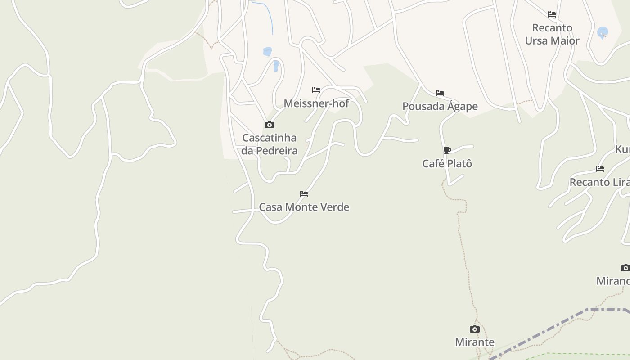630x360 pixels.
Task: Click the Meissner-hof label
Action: point(316,103)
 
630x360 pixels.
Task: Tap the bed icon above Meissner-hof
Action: point(316,90)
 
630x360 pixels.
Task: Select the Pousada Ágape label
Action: point(440,106)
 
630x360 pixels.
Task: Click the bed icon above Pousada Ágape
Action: point(440,93)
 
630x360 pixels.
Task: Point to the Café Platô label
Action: point(447,163)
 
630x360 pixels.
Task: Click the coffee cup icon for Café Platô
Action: point(447,150)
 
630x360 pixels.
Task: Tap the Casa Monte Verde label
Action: point(304,207)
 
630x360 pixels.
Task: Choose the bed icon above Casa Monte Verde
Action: point(304,194)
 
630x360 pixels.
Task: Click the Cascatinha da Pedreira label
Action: point(270,144)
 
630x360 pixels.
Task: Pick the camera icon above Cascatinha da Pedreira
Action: point(270,125)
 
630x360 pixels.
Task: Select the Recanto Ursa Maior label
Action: point(552,34)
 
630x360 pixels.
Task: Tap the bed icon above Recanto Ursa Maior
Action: point(552,15)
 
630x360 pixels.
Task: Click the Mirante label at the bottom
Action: point(475,342)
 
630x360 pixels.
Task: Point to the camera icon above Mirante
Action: point(475,329)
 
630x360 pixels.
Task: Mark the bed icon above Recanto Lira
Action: point(600,169)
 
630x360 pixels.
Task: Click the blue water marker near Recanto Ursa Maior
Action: point(602,32)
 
